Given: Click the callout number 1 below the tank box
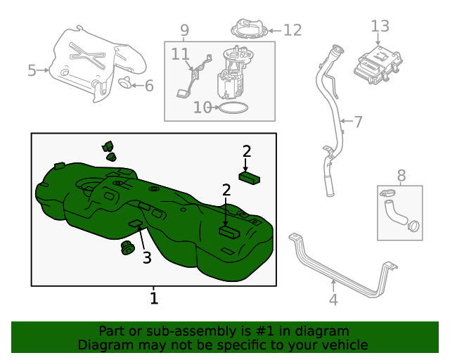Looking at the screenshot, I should pyautogui.click(x=154, y=298).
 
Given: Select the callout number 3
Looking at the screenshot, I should pyautogui.click(x=147, y=258).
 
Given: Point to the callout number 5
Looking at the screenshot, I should pyautogui.click(x=32, y=70).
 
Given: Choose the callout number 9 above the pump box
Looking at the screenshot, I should pyautogui.click(x=185, y=30).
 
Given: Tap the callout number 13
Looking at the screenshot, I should pyautogui.click(x=380, y=26).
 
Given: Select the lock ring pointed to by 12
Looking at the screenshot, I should pyautogui.click(x=249, y=30).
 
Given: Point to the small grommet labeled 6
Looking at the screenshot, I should pyautogui.click(x=124, y=84).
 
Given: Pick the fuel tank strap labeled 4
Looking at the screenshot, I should pyautogui.click(x=337, y=268).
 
